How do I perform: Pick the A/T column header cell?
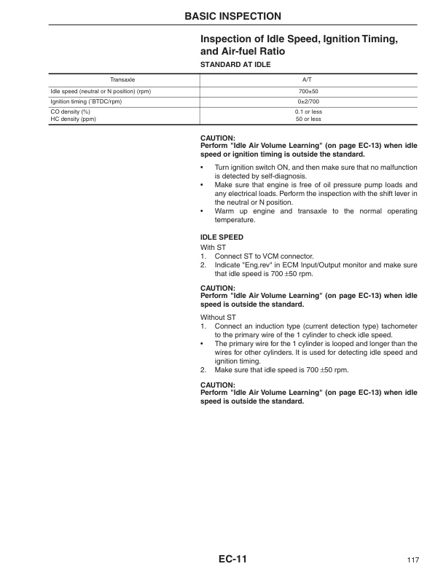308,79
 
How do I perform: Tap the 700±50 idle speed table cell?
308,91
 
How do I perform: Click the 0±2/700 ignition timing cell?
308,101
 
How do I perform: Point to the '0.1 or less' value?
308,111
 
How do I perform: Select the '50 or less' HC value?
308,118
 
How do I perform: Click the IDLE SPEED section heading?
222,238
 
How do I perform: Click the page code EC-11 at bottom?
233,560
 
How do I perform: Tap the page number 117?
412,560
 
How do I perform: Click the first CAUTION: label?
218,138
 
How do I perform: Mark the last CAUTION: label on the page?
218,384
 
